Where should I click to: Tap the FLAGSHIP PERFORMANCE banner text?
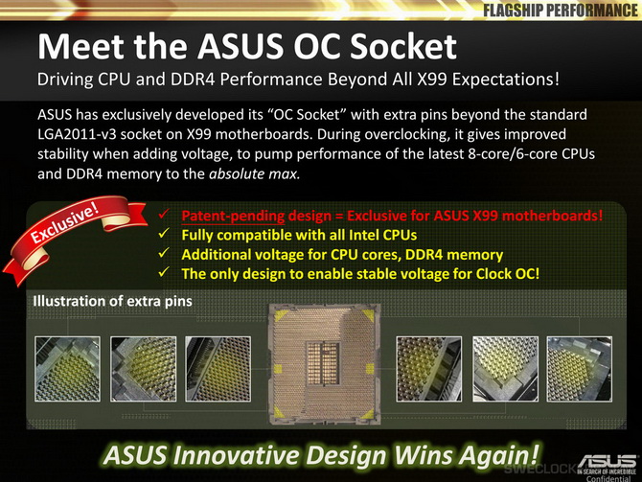point(561,11)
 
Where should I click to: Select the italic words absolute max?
point(254,174)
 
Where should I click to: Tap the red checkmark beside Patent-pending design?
point(165,214)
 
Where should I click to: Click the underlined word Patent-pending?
point(233,216)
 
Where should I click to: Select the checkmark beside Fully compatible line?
point(165,234)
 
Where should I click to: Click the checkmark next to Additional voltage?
point(165,253)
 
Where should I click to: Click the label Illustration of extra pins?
point(113,301)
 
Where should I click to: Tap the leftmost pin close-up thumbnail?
point(68,369)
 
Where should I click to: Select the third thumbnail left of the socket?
point(218,369)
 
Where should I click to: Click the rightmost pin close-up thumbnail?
point(580,369)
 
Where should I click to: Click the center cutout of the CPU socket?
point(324,363)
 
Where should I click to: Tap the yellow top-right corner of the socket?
point(367,315)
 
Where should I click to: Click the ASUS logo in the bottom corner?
point(608,462)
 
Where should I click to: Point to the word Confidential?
point(608,478)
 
